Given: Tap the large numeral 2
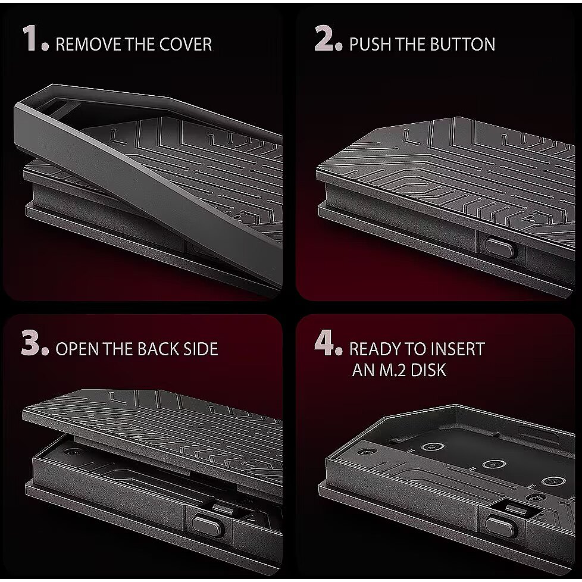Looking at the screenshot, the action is click(324, 38).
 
